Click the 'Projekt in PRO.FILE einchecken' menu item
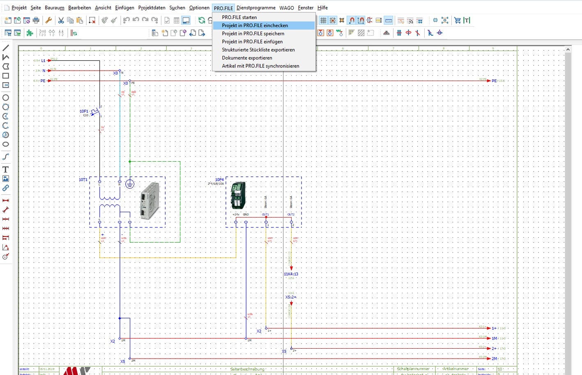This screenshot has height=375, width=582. (255, 25)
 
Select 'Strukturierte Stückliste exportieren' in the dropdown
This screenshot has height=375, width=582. (258, 50)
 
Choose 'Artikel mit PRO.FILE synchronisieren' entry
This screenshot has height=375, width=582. (260, 66)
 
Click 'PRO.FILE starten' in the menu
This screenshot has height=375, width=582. (239, 17)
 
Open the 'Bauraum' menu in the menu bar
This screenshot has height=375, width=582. (54, 8)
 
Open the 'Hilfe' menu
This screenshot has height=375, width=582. (322, 8)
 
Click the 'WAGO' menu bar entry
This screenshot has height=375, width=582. (286, 8)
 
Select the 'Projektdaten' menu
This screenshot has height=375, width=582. (152, 8)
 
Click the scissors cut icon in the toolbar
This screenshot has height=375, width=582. (61, 20)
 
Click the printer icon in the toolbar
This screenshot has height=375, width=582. (36, 20)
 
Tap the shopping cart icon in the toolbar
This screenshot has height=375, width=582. (457, 20)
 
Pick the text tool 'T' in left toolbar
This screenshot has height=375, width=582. (6, 169)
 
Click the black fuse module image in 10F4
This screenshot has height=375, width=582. (238, 195)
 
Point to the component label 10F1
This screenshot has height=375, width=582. (84, 111)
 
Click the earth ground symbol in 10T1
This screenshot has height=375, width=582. (129, 184)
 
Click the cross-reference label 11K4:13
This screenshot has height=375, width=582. (291, 274)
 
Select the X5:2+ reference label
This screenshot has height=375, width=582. (291, 297)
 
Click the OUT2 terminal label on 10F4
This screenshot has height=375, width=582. (291, 214)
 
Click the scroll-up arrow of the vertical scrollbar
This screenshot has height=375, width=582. (568, 49)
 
